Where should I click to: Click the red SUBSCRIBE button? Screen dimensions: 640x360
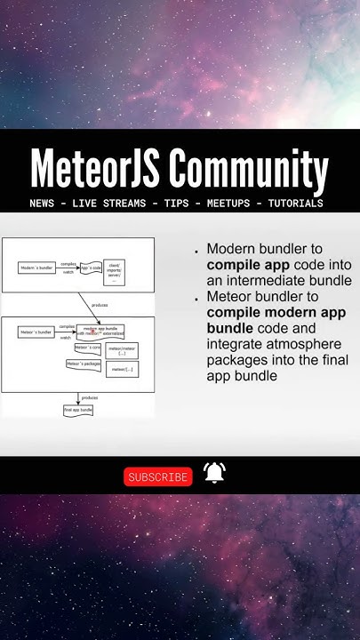[158, 477]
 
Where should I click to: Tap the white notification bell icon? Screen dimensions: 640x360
[214, 474]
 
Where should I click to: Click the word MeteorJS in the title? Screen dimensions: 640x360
[94, 170]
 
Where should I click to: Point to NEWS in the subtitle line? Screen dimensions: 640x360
[41, 204]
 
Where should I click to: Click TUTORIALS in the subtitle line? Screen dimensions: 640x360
[295, 204]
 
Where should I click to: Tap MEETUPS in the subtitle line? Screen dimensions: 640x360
[228, 204]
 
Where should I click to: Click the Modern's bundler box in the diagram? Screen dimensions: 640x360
[36, 268]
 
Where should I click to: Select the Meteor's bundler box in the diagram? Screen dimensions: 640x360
[36, 332]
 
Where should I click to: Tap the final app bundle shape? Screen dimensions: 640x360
[78, 410]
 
